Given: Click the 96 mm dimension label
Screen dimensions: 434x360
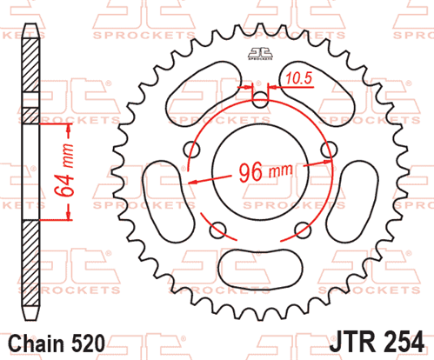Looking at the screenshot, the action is [x=265, y=172].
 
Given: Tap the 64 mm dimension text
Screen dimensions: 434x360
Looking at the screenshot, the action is [x=64, y=170].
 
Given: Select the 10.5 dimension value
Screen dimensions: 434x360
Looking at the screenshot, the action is [x=298, y=78].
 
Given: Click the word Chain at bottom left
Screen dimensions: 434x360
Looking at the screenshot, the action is [x=36, y=344].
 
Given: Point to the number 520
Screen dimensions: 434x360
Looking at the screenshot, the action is [x=87, y=344].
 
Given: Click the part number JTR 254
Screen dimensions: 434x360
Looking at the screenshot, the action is [x=377, y=342].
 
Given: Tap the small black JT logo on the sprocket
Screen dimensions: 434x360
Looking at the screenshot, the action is [x=260, y=54].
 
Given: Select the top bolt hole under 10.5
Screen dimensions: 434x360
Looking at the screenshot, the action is [x=260, y=100].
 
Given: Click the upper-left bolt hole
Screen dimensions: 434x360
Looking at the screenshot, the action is [x=191, y=150].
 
